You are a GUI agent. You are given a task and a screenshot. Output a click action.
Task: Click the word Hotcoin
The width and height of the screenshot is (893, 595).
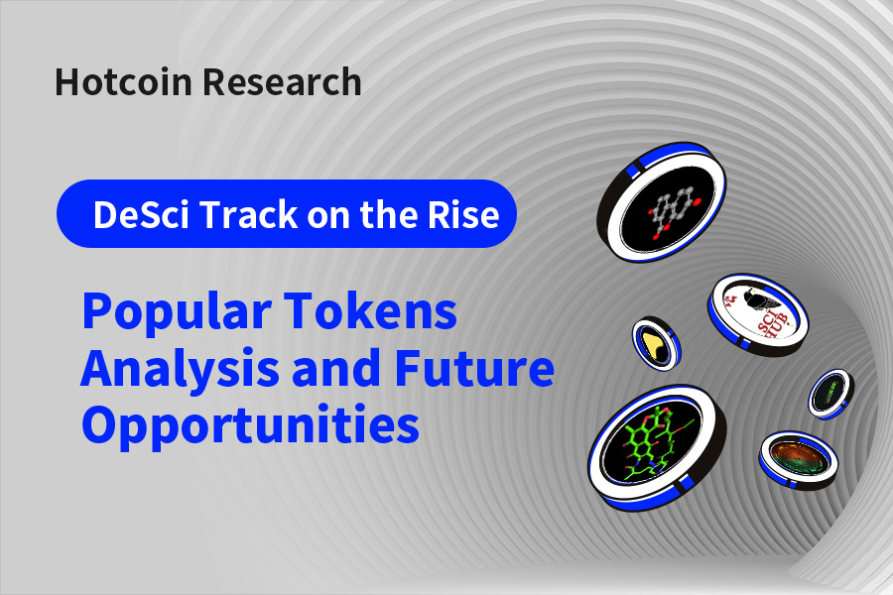(123, 82)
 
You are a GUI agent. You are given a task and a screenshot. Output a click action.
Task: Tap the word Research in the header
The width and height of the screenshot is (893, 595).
(282, 82)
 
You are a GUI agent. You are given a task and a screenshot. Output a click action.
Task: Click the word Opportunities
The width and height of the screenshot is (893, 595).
(251, 425)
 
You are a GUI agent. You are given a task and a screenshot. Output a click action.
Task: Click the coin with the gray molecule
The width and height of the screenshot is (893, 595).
(662, 202)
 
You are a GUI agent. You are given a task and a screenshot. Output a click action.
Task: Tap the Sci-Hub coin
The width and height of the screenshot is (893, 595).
(758, 314)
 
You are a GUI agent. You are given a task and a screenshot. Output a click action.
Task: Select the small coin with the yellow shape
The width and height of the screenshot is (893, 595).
(656, 344)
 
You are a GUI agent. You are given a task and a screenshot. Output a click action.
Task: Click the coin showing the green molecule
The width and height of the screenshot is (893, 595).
(657, 447)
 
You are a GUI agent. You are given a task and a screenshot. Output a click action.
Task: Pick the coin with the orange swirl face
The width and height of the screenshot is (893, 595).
(799, 459)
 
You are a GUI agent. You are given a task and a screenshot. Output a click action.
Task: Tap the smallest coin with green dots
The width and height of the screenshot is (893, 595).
(830, 394)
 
